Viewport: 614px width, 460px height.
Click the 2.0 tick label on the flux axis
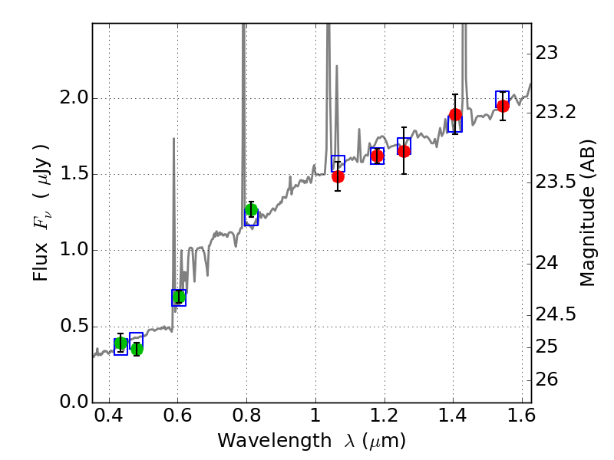pyautogui.click(x=71, y=99)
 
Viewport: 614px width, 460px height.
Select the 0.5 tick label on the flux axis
pyautogui.click(x=71, y=327)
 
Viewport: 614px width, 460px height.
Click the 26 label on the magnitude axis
pyautogui.click(x=548, y=380)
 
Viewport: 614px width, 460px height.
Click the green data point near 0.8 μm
pyautogui.click(x=251, y=210)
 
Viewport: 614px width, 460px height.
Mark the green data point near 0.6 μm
pyautogui.click(x=179, y=297)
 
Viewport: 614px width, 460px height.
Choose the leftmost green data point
pyautogui.click(x=120, y=343)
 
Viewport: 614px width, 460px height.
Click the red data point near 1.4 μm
pyautogui.click(x=455, y=115)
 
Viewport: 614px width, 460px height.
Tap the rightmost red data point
pyautogui.click(x=503, y=106)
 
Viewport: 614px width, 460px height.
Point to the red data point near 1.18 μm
pyautogui.click(x=377, y=156)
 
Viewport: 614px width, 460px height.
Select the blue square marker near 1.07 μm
pyautogui.click(x=338, y=163)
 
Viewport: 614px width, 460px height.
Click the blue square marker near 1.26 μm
pyautogui.click(x=404, y=146)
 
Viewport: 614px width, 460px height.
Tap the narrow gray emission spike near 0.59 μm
pyautogui.click(x=173, y=199)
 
